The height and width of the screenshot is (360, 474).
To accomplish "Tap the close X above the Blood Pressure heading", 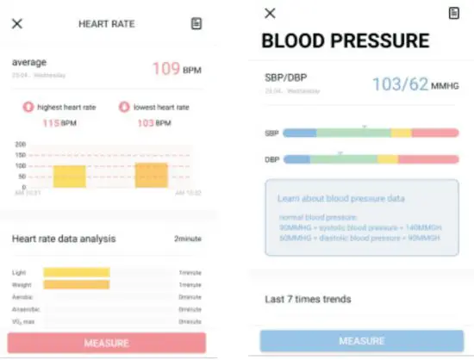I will point(270,13).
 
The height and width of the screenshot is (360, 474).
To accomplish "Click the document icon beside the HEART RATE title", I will point(196,23).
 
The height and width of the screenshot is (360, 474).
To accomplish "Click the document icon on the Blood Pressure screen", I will point(454,13).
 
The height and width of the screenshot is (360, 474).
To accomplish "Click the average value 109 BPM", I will point(177,68).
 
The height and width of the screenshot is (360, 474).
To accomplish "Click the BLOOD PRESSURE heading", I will point(344,40).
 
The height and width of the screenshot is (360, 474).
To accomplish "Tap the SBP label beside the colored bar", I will point(271,133).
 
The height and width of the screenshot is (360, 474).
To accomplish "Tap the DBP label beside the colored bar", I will point(271,159).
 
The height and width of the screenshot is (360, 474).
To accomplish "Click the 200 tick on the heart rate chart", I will point(21,145).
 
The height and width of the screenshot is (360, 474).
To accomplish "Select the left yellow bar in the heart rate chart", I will point(70,177).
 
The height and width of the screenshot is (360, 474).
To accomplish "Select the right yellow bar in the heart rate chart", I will point(151,175).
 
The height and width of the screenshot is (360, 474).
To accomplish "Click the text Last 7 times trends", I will point(307,300).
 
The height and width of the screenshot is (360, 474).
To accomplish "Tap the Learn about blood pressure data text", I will point(340,199).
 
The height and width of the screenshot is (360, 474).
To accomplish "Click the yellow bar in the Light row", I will point(77,272).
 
